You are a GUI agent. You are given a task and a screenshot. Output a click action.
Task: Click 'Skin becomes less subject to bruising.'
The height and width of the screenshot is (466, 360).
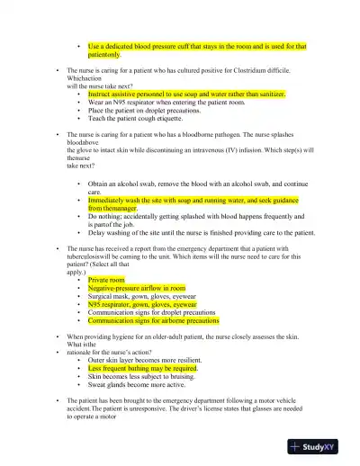(147, 375)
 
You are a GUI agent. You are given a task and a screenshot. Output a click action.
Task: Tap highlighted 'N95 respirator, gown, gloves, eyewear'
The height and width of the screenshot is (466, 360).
(148, 304)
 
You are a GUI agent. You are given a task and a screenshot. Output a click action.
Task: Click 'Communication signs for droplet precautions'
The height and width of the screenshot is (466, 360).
(159, 312)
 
